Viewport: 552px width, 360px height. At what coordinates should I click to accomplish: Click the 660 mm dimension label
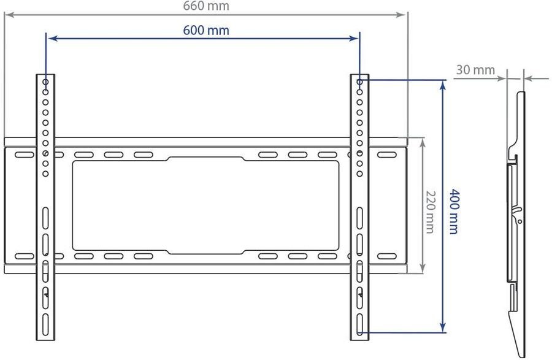(206, 6)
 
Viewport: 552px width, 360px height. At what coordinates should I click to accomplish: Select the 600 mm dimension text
(206, 30)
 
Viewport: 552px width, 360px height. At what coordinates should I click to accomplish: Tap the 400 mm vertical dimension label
(454, 212)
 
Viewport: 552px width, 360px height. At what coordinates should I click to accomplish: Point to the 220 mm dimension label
(430, 212)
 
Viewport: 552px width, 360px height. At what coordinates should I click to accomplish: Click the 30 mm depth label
(475, 70)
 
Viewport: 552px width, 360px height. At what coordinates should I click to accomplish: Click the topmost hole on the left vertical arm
(46, 82)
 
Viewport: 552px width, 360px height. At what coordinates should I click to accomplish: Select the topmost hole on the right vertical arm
(359, 82)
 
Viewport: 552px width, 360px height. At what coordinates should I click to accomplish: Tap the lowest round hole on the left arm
(46, 174)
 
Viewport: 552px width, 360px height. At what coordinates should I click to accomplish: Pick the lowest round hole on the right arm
(359, 174)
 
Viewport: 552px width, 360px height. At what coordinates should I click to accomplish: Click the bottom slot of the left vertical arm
(46, 324)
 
